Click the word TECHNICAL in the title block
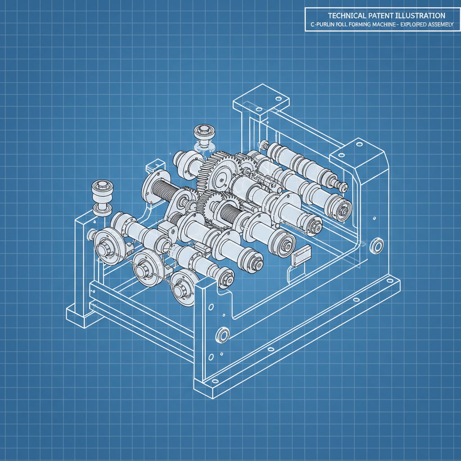(x=344, y=15)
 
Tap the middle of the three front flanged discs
(x=145, y=266)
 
